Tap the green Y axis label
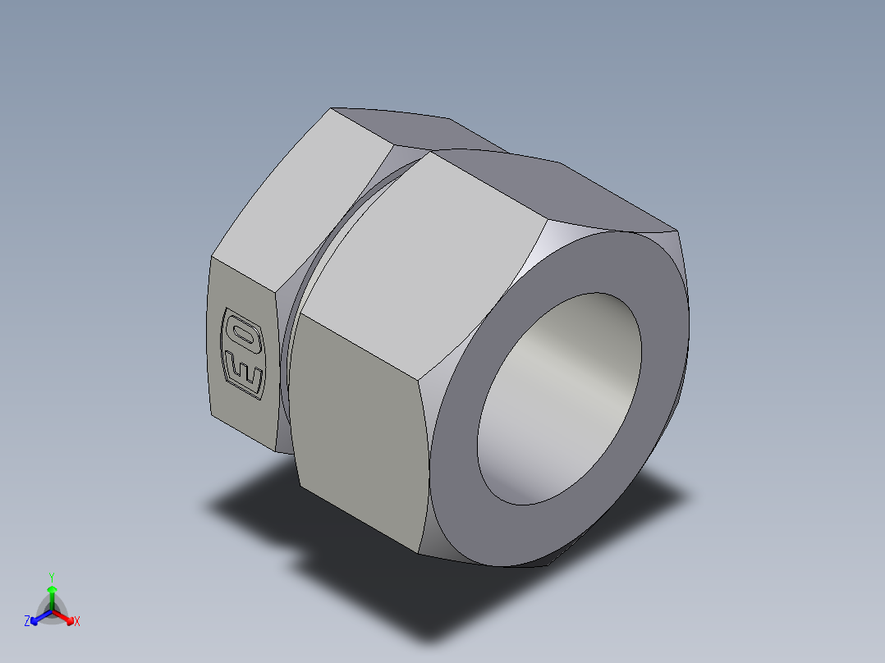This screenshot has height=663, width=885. pos(51,576)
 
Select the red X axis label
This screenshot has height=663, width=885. pos(77,622)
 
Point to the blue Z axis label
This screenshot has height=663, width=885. pos(27,622)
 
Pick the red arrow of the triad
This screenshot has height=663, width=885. pos(66,616)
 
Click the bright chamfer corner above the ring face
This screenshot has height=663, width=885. pos(558,246)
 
